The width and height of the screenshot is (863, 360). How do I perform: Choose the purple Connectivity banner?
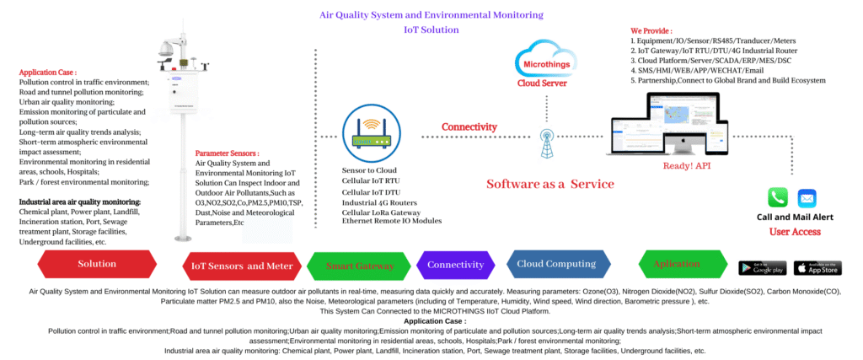tap(455, 265)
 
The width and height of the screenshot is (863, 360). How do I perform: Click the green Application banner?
tap(677, 264)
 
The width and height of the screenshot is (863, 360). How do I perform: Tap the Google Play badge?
tap(762, 267)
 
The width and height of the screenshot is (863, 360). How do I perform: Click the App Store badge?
tap(817, 267)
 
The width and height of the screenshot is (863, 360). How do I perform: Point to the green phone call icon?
tap(778, 197)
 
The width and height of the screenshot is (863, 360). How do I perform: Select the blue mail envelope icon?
tap(807, 198)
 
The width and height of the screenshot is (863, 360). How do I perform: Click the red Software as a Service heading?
tap(550, 184)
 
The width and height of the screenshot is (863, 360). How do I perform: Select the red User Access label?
tap(795, 230)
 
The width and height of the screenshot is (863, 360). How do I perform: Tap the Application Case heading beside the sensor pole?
tap(48, 73)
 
